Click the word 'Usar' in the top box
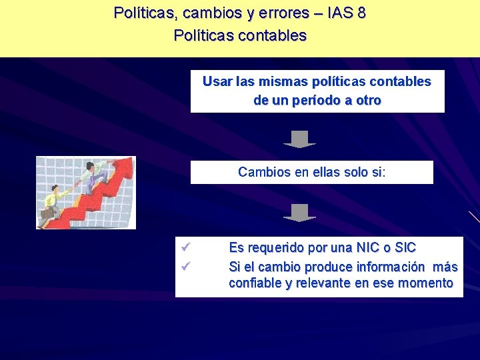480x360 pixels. tap(217, 81)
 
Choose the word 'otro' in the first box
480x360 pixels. tap(369, 101)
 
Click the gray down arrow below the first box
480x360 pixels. tap(299, 139)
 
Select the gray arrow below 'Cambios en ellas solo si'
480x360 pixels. tap(299, 213)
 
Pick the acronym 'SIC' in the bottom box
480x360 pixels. tap(405, 248)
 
